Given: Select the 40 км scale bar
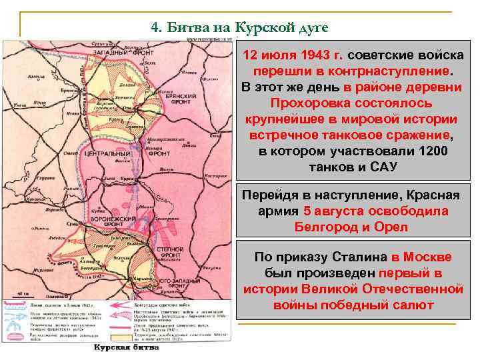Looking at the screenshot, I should click(x=23, y=293).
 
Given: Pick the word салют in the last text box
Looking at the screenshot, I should click(x=411, y=305).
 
